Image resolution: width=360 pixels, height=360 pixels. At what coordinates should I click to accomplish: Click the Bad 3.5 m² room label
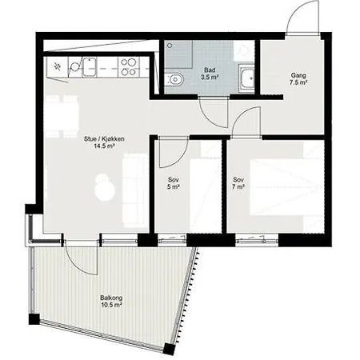click(210, 74)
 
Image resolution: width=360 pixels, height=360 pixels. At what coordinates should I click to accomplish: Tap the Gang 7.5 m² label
click(298, 79)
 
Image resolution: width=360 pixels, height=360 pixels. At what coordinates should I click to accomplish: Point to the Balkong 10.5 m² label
click(111, 301)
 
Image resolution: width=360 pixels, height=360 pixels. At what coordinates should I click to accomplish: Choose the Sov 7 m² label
click(238, 182)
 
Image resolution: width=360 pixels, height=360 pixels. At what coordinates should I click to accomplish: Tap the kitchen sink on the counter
click(90, 67)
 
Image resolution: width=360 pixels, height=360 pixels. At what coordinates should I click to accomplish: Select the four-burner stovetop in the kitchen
click(129, 66)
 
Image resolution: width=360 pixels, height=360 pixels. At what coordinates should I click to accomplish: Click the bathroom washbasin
click(246, 78)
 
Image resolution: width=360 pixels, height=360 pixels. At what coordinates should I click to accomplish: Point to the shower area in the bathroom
click(178, 54)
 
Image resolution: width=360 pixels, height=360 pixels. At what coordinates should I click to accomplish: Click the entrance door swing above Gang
click(302, 17)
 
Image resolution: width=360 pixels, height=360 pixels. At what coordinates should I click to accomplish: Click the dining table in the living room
click(62, 117)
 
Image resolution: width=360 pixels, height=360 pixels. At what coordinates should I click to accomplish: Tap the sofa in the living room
click(135, 190)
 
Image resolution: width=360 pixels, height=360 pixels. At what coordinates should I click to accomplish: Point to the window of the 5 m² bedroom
click(172, 240)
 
